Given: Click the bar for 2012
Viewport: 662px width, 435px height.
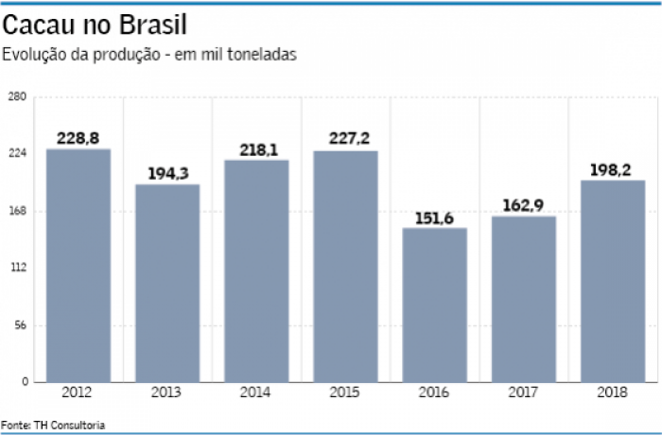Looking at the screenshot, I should click(78, 265).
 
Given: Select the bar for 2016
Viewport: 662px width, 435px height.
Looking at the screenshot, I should click(435, 304).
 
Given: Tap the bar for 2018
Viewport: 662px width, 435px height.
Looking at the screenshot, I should click(613, 281).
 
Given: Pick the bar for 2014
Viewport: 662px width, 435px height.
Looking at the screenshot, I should click(256, 270).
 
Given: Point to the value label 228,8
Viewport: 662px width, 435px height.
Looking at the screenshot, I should click(78, 138).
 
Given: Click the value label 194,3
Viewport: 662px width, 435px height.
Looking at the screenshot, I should click(167, 174).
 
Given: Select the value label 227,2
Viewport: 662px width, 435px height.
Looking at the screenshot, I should click(345, 140).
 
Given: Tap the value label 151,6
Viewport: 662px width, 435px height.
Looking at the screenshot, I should click(435, 218).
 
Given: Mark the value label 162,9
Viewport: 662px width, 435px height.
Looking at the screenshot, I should click(524, 206).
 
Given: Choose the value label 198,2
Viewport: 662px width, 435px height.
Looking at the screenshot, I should click(613, 169).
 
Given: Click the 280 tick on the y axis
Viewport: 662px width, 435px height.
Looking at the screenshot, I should click(16, 96).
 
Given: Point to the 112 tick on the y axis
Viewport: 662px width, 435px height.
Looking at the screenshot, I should click(16, 268).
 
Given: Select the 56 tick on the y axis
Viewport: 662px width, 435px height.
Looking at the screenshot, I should click(18, 325).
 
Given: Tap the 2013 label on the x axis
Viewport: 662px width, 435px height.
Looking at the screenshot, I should click(167, 392).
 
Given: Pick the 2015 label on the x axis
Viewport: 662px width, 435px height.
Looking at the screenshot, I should click(345, 392).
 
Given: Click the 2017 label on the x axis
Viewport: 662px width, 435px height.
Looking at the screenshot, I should click(524, 392).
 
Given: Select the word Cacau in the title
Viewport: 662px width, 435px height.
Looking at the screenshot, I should click(40, 23).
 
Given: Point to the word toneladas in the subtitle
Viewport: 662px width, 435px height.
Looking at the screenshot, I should click(264, 54).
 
